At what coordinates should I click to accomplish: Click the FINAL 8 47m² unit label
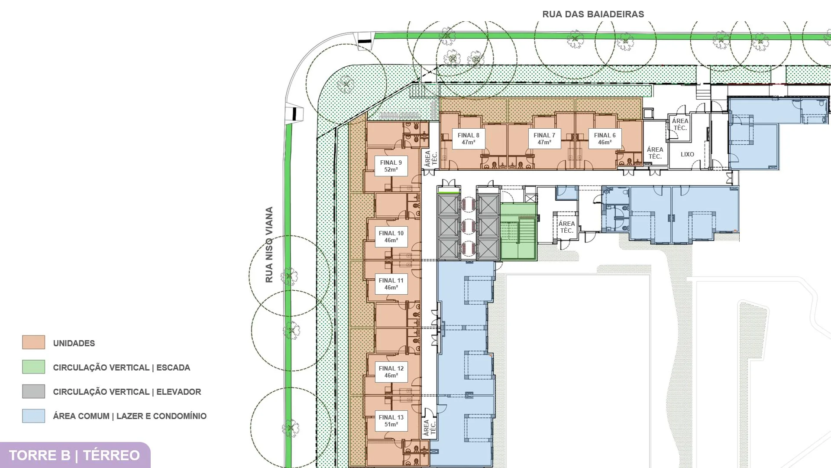468,139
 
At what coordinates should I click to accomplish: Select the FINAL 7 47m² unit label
544,139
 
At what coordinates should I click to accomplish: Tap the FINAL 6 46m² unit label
605,139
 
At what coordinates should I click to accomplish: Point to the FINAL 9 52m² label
391,166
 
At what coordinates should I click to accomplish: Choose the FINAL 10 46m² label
391,237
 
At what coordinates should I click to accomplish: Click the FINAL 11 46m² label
391,284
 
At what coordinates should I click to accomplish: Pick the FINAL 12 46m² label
391,372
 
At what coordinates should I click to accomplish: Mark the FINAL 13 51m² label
391,421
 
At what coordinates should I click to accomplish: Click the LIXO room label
687,154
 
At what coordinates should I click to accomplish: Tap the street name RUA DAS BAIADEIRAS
593,14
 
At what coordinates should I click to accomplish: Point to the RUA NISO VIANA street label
269,245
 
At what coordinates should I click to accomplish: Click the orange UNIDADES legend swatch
34,342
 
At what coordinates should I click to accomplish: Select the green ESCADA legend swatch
34,367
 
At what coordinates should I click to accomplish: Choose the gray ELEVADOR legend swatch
34,391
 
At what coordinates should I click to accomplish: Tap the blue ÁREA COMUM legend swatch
34,416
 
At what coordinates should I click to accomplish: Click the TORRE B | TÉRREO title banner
74,455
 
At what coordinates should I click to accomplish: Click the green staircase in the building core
518,232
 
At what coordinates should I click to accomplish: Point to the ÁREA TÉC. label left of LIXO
655,153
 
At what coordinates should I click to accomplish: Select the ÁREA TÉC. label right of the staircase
566,227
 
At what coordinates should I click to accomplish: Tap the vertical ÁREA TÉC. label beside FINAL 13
430,427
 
